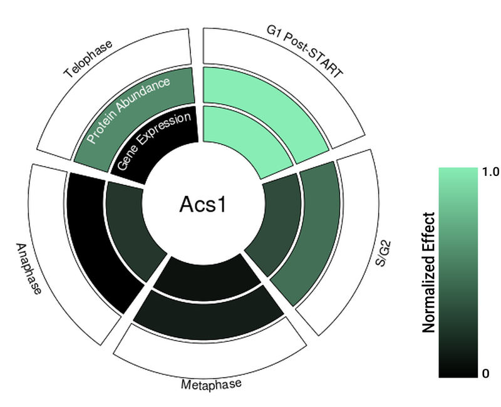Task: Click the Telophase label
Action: (x=88, y=59)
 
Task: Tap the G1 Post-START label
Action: (x=305, y=52)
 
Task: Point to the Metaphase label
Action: (x=211, y=384)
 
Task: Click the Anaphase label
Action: (x=29, y=269)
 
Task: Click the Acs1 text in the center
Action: (x=202, y=205)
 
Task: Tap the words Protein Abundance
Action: (x=128, y=110)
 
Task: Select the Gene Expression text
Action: (x=153, y=141)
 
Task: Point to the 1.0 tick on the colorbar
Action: (x=490, y=172)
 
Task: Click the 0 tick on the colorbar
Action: (x=486, y=373)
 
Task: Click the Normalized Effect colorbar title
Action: (x=428, y=272)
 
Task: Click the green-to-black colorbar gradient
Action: (x=458, y=272)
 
